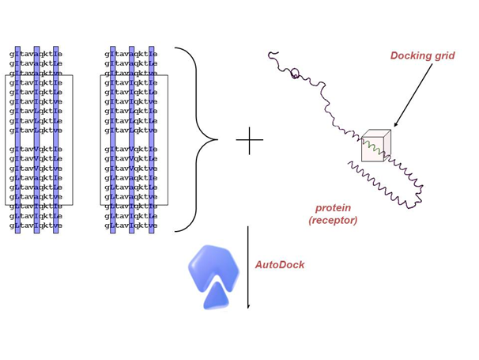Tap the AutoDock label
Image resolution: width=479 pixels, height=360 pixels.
coord(280,265)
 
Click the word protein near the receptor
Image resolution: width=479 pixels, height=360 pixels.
coord(333,208)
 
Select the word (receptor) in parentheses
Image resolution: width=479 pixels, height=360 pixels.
coord(333,220)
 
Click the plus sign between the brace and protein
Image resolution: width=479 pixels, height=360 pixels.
coord(249,140)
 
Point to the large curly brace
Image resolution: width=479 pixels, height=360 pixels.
coord(198,139)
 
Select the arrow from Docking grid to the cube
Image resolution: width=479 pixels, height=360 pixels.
coord(413,94)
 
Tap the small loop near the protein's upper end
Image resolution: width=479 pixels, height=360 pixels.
coord(294,74)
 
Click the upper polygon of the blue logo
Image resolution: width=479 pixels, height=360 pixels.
coord(213,266)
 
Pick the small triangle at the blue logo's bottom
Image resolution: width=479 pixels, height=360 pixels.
coord(216,297)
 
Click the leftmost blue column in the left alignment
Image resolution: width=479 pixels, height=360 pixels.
coord(17,139)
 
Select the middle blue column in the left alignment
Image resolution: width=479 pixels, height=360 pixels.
coord(36,139)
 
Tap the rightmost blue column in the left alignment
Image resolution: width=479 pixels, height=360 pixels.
coord(55,139)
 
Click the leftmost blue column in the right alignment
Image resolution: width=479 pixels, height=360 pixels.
coord(113,139)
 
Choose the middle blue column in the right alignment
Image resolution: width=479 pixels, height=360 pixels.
coord(132,139)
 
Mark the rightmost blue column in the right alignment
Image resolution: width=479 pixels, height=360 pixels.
coord(151,139)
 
